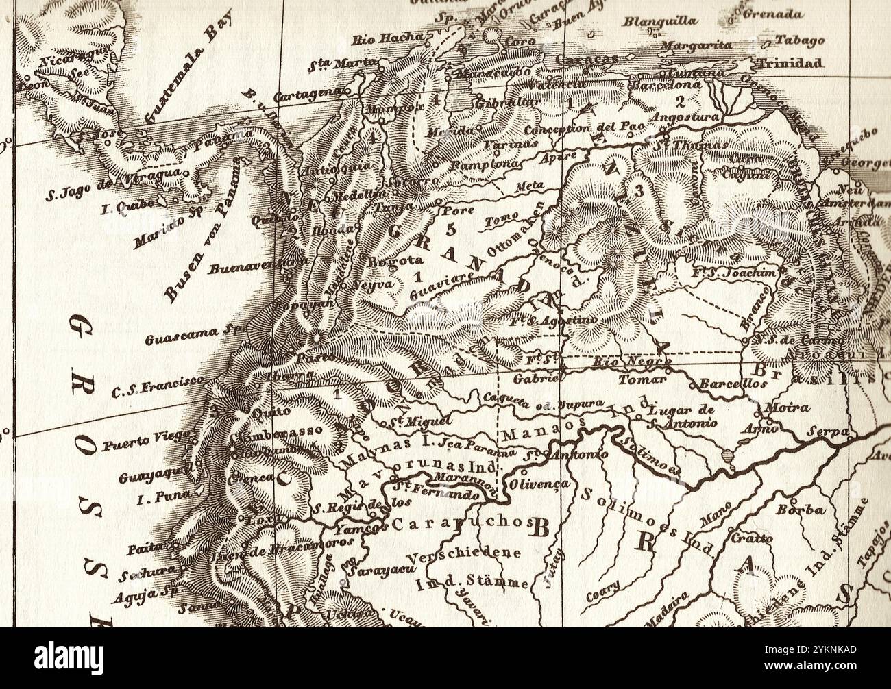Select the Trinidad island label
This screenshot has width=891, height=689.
(789, 63)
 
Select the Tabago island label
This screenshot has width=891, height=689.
(799, 40)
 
